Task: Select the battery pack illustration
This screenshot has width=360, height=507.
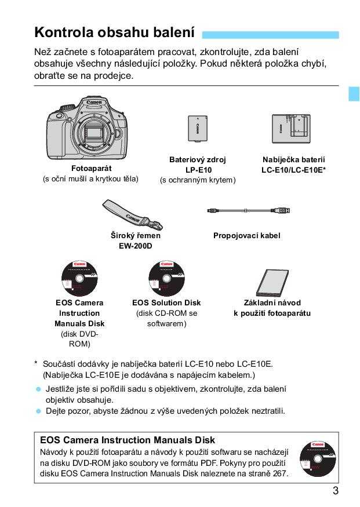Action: (198, 128)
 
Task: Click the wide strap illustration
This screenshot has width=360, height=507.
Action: (133, 214)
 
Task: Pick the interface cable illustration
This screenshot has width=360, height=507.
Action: (249, 211)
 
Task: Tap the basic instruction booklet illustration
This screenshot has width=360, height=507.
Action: (277, 281)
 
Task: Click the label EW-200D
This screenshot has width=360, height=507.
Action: (136, 246)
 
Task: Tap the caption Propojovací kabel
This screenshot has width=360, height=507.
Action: (246, 236)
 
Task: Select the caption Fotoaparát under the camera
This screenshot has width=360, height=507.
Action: (90, 168)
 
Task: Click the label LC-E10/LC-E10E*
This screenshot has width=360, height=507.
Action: (293, 170)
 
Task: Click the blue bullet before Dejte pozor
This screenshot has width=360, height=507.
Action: (39, 411)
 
